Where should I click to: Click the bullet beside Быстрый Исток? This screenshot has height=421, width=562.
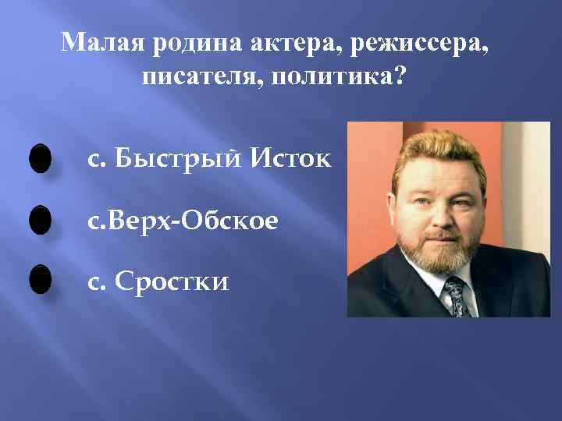(39, 159)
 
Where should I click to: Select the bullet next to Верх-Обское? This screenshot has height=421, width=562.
(39, 220)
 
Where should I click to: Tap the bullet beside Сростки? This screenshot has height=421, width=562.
(39, 279)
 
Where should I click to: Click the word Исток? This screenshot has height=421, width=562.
(290, 159)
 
